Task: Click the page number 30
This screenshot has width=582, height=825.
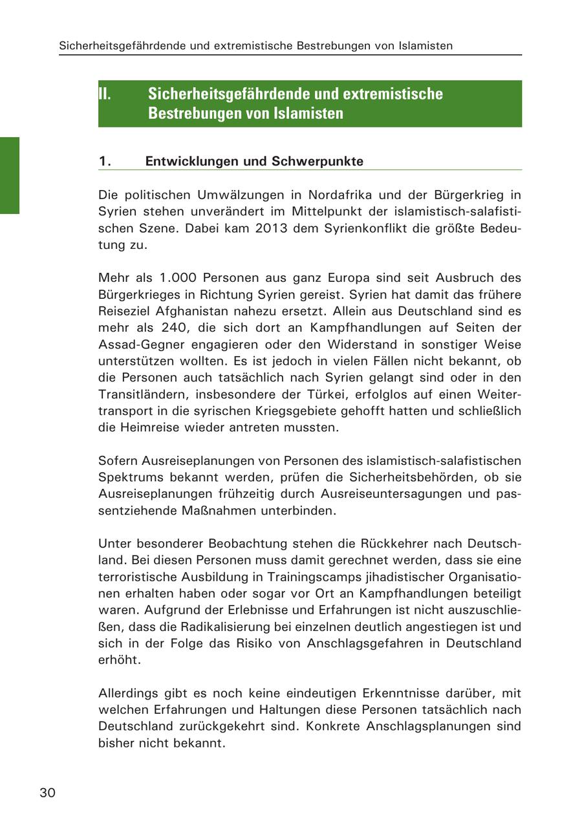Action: pos(47,793)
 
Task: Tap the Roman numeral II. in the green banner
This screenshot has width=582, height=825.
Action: pos(105,94)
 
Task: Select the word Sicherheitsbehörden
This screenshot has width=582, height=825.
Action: pos(400,477)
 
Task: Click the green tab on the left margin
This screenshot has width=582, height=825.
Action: pos(10,175)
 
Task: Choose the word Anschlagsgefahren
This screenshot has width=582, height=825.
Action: pos(378,643)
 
